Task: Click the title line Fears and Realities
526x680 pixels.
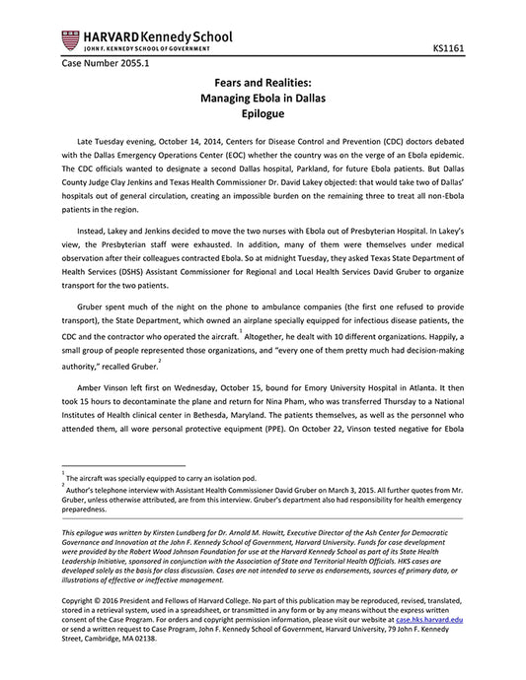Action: [x=263, y=86]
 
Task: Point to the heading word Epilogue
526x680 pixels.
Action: [x=263, y=115]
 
